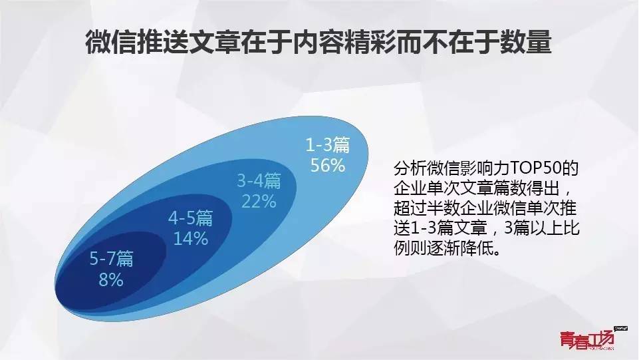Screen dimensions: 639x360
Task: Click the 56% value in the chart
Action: tap(328, 166)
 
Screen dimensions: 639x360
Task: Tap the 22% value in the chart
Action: tap(259, 202)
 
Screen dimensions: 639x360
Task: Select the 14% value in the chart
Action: tap(191, 238)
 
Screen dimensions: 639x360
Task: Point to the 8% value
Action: tap(111, 279)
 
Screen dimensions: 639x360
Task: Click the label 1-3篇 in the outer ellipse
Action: tap(328, 145)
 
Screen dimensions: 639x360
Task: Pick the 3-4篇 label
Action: tap(259, 180)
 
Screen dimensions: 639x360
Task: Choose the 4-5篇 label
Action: tap(191, 218)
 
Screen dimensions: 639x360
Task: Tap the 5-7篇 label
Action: tap(111, 259)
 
